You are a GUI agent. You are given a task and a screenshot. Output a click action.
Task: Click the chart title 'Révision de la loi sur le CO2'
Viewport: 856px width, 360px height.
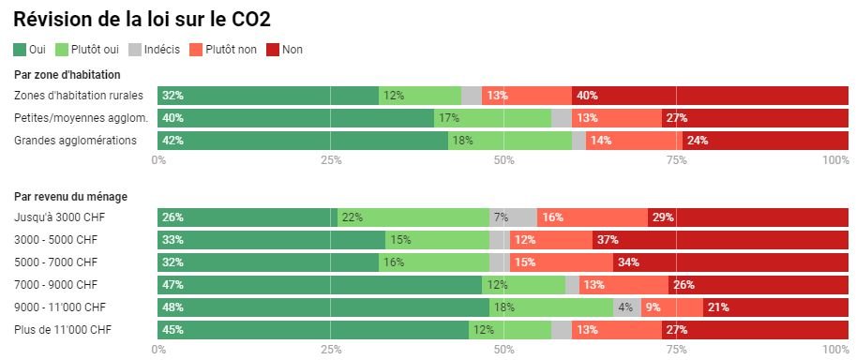pyautogui.click(x=142, y=20)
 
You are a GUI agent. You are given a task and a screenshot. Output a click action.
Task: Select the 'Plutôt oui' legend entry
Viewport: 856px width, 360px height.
pyautogui.click(x=87, y=50)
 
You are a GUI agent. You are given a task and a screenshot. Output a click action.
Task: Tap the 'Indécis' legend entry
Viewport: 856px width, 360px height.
pyautogui.click(x=155, y=50)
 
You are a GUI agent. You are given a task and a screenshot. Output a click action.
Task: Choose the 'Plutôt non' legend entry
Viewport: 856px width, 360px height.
pyautogui.click(x=223, y=50)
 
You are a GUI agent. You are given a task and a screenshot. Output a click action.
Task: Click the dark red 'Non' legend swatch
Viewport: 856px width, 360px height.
pyautogui.click(x=273, y=50)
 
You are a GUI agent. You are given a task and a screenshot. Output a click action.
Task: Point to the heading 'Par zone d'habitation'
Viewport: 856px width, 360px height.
pyautogui.click(x=68, y=75)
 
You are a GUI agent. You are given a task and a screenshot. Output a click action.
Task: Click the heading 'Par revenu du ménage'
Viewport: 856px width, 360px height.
pyautogui.click(x=71, y=197)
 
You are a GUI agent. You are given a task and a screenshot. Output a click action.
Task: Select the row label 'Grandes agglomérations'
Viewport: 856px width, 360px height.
pyautogui.click(x=75, y=141)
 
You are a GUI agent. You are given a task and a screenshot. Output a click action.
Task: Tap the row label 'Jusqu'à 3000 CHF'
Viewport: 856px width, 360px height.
pyautogui.click(x=59, y=217)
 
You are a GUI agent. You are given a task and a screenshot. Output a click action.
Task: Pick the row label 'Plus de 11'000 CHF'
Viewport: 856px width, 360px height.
pyautogui.click(x=64, y=329)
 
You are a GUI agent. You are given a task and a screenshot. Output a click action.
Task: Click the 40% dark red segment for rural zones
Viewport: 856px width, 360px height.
pyautogui.click(x=711, y=96)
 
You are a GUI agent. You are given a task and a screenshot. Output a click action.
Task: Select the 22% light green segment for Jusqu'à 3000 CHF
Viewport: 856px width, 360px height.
pyautogui.click(x=413, y=217)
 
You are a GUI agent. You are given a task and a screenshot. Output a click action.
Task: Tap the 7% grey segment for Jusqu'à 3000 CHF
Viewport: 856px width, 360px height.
pyautogui.click(x=513, y=217)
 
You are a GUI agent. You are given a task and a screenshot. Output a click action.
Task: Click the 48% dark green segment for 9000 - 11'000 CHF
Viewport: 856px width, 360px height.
pyautogui.click(x=323, y=307)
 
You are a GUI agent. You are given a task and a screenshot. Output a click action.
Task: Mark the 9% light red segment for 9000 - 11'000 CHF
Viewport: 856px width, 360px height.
pyautogui.click(x=672, y=307)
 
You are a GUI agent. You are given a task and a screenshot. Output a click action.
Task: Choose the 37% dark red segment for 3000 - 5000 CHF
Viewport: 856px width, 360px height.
pyautogui.click(x=721, y=240)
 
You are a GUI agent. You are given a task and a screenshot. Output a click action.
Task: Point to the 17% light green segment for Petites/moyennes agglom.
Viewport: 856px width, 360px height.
pyautogui.click(x=492, y=118)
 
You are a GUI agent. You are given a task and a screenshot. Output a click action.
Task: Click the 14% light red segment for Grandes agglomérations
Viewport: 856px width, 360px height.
pyautogui.click(x=635, y=141)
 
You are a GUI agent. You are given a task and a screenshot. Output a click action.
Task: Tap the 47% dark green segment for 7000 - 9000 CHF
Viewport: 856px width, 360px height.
pyautogui.click(x=320, y=285)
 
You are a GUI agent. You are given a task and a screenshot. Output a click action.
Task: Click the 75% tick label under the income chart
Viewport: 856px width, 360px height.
pyautogui.click(x=677, y=349)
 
